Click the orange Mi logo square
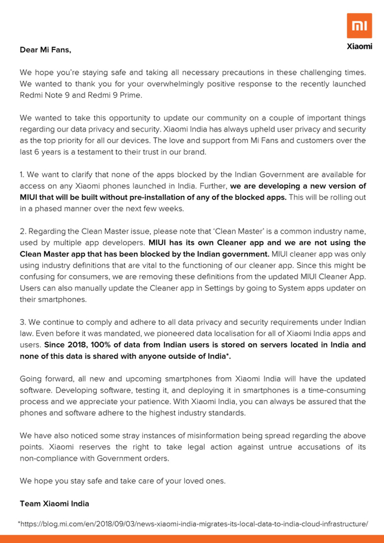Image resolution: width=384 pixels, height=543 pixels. [359, 26]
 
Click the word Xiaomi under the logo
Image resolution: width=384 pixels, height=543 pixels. [359, 47]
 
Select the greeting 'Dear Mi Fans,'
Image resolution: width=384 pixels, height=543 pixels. [46, 50]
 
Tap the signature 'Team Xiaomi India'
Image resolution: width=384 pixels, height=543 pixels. [54, 503]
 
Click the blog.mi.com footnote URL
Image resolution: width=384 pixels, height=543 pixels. [193, 524]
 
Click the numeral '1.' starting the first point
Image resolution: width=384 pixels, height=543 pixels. [22, 175]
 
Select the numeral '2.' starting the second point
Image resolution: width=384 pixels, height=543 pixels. [23, 231]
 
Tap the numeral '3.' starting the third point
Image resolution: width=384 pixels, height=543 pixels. [23, 322]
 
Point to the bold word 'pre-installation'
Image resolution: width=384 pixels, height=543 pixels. [167, 197]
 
